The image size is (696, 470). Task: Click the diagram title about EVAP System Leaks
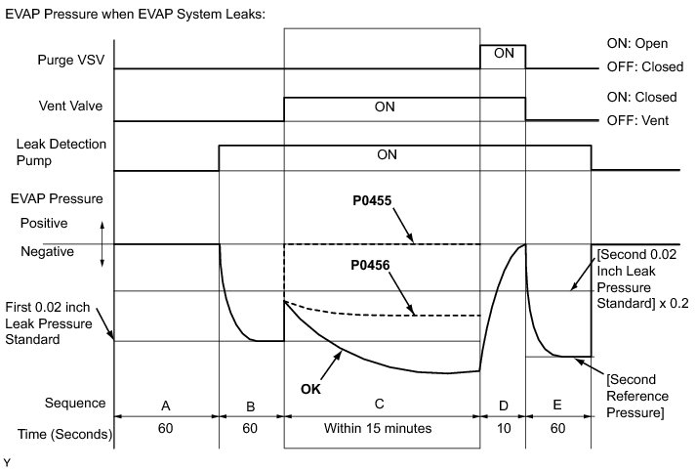135,15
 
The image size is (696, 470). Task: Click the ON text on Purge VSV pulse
504,54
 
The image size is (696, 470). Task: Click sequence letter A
167,404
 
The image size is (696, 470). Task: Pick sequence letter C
382,404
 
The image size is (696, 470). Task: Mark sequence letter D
503,404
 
